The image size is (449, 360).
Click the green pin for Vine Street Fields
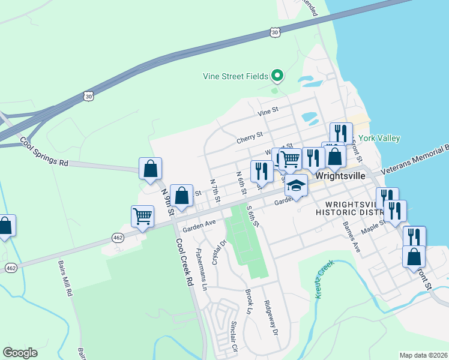[x=277, y=76]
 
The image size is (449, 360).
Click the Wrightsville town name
[x=340, y=177]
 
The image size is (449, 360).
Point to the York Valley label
[x=380, y=138]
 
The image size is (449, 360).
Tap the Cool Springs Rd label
[x=45, y=152]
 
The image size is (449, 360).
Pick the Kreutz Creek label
[x=324, y=275]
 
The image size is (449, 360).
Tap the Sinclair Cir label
[x=235, y=337]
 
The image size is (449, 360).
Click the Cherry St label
[x=250, y=137]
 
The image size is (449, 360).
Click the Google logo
[x=20, y=353]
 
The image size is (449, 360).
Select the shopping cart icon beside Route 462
[x=142, y=216]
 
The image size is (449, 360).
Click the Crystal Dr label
[x=218, y=252]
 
